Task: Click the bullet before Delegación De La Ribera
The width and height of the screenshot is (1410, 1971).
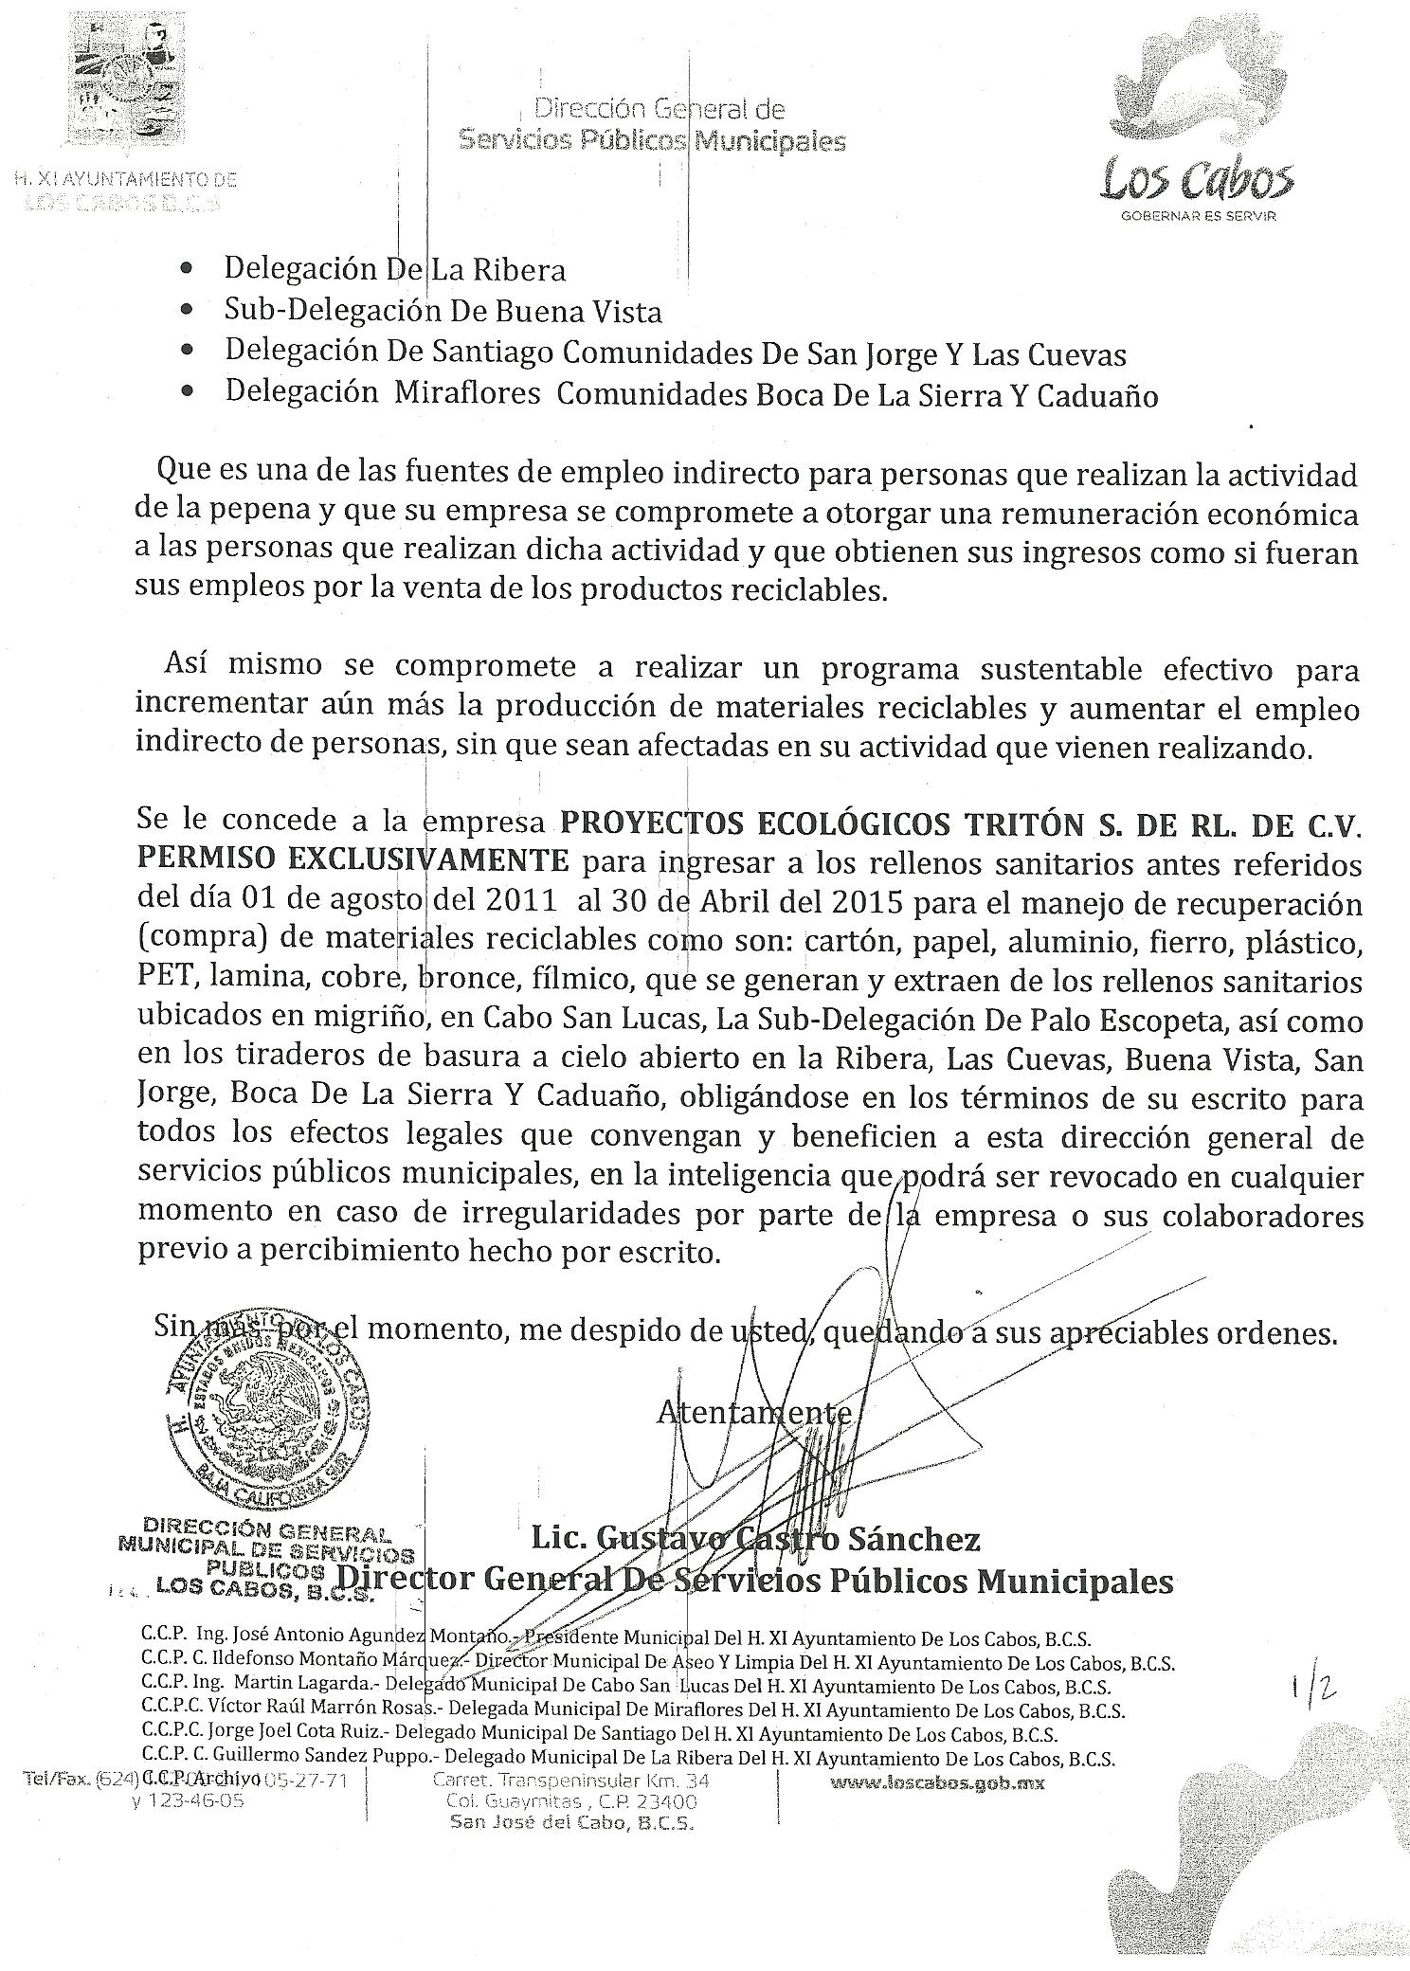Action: click(189, 270)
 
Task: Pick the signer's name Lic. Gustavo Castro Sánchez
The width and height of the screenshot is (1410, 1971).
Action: click(755, 1538)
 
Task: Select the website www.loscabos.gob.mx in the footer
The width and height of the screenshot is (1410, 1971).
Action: click(937, 1782)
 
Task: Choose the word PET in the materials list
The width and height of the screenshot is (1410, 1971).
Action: click(159, 982)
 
